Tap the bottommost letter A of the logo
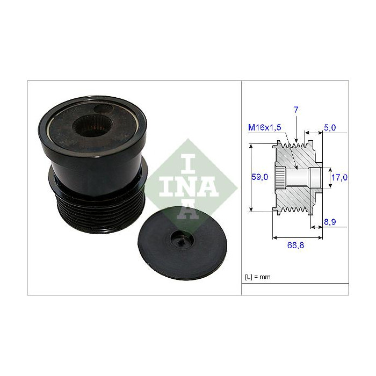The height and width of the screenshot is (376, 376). click(x=192, y=211)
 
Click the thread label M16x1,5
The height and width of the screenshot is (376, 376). click(x=265, y=128)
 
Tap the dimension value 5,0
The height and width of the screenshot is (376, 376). click(x=330, y=128)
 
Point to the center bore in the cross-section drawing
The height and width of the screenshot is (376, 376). click(x=298, y=177)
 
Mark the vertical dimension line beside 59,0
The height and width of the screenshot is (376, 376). click(x=251, y=177)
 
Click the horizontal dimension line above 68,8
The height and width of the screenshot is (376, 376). click(x=298, y=236)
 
